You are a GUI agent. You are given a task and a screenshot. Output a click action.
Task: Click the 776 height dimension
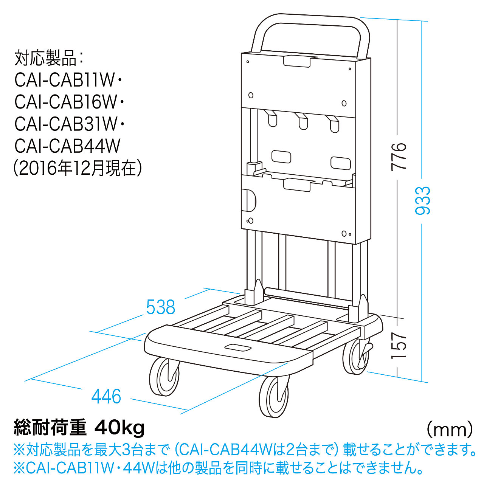[x=399, y=157]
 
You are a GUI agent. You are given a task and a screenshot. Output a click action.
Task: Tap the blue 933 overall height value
[x=423, y=201]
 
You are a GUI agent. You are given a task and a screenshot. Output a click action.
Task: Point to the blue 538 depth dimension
[x=160, y=307]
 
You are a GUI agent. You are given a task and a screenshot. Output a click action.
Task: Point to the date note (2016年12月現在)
[x=78, y=168]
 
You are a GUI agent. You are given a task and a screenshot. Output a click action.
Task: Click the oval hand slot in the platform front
[x=237, y=348]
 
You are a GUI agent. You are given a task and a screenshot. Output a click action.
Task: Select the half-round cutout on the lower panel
[x=251, y=200]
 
